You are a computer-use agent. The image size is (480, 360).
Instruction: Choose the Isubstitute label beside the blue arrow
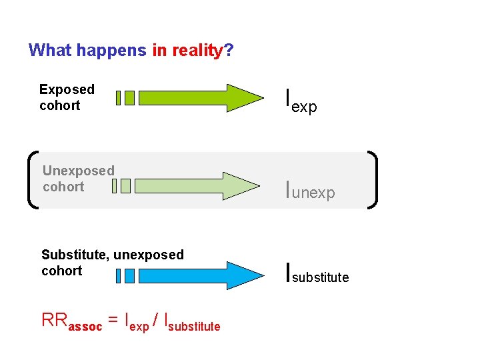coord(317,274)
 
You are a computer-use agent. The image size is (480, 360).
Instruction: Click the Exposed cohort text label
coord(67,97)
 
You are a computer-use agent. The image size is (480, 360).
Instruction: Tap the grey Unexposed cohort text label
coord(78,179)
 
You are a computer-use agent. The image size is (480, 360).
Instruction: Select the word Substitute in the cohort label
coord(74,255)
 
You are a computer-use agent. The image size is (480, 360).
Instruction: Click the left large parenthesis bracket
coord(33,181)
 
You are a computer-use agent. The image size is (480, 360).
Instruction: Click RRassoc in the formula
coord(72,322)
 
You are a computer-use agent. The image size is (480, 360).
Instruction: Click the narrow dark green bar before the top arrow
coord(118,98)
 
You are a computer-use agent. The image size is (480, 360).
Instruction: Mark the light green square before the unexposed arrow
coord(125,186)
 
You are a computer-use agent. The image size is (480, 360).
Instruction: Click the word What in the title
coord(51,51)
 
